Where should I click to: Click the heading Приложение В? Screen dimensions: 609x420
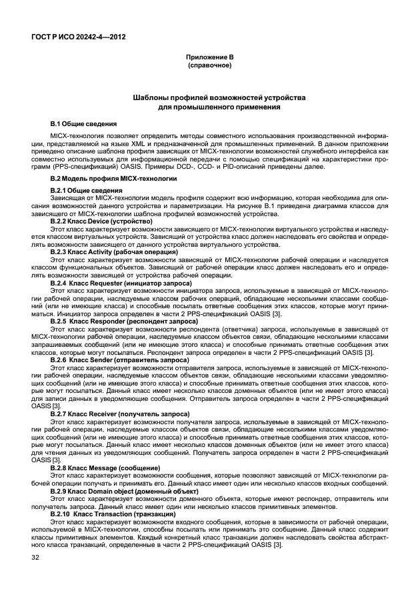(209, 58)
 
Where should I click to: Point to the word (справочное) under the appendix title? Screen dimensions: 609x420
(209, 66)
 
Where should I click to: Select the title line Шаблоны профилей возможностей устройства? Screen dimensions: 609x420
(209, 97)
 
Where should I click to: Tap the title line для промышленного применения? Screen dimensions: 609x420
(209, 107)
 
